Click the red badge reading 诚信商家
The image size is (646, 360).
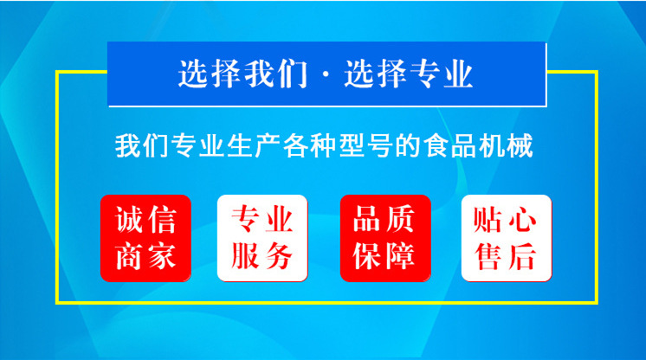coord(145,238)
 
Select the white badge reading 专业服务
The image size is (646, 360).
coord(262,238)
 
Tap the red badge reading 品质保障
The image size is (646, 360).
coord(384,238)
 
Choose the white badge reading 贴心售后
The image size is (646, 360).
coord(503,238)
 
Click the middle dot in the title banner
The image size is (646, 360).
coord(325,77)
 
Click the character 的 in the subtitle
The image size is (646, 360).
coord(407,146)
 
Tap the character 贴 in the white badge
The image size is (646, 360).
coord(488,221)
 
